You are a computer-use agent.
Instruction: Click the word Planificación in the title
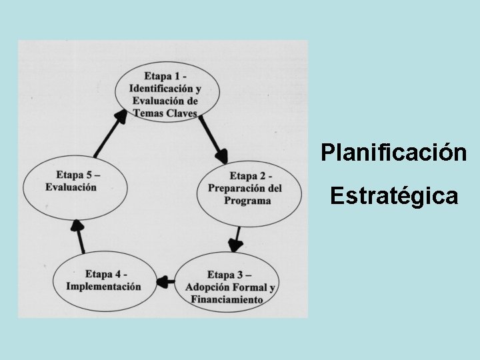393,153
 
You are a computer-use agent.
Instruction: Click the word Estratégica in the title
393,196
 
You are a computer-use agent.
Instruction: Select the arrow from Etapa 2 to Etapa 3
235,239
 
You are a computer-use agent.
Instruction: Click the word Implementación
103,287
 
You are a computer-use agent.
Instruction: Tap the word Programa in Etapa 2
248,201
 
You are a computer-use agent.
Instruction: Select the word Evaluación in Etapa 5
71,187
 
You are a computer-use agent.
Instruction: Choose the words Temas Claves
165,113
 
